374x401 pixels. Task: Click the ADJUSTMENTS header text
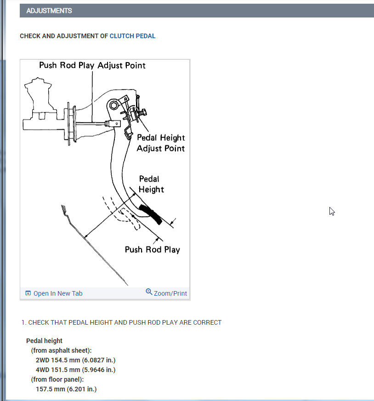click(x=49, y=11)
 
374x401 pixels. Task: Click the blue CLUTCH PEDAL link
click(x=132, y=36)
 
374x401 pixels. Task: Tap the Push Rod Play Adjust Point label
click(x=92, y=65)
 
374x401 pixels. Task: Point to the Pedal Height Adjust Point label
click(x=161, y=143)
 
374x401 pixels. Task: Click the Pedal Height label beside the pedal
click(x=151, y=184)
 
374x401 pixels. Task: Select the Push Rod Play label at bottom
click(x=152, y=250)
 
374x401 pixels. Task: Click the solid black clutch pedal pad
click(x=151, y=214)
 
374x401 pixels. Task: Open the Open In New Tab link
click(x=58, y=293)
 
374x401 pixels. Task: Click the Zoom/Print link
click(x=170, y=293)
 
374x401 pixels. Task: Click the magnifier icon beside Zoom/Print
click(x=149, y=292)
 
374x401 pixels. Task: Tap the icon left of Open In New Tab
click(x=28, y=293)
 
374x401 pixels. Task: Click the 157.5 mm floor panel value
click(x=66, y=389)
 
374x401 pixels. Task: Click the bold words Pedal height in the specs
click(x=44, y=341)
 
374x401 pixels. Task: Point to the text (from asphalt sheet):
click(x=61, y=350)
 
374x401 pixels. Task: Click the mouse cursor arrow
click(x=332, y=211)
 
